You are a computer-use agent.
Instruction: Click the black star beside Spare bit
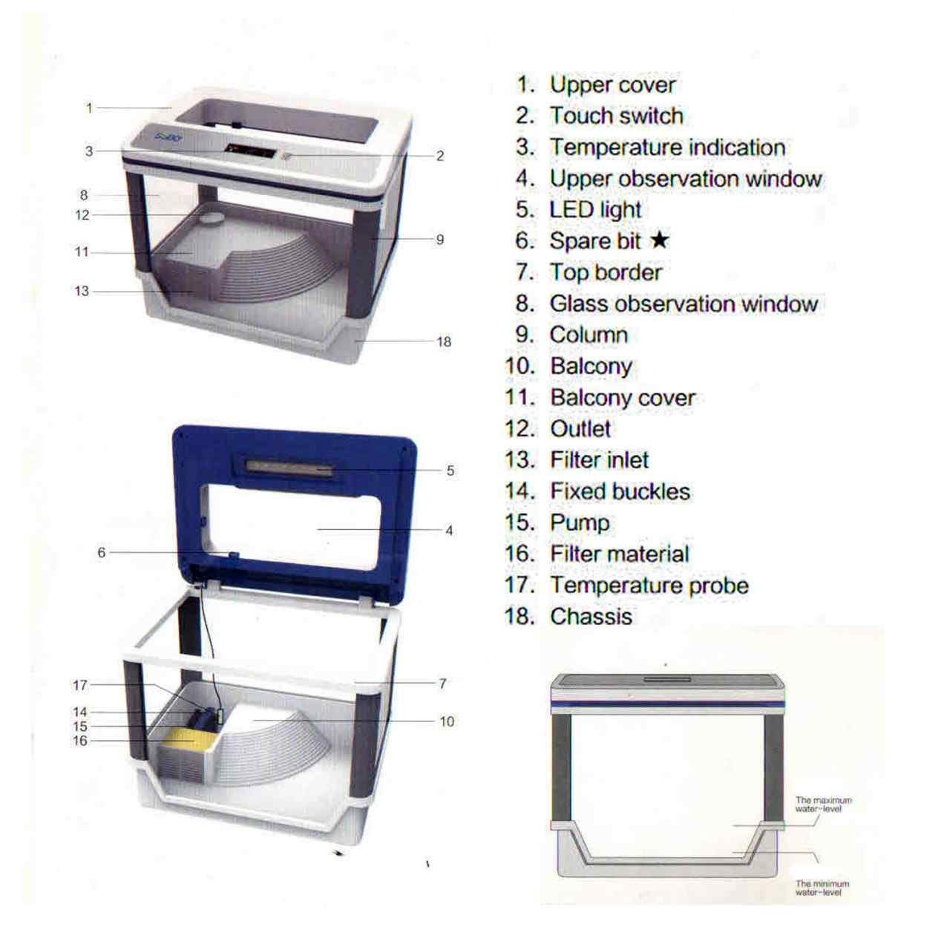point(660,240)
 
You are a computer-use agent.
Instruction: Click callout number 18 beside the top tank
point(444,341)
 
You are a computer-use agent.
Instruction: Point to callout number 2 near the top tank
point(440,156)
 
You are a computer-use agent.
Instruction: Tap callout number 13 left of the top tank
point(82,291)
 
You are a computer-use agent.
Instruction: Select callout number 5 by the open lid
point(450,471)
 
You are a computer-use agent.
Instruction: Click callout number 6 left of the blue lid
point(102,553)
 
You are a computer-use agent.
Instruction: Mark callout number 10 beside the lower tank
point(447,721)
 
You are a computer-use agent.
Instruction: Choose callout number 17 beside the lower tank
point(80,685)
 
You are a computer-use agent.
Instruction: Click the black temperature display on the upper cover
point(250,151)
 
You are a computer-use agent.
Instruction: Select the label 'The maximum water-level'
point(824,804)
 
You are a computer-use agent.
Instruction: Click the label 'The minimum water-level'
point(822,888)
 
